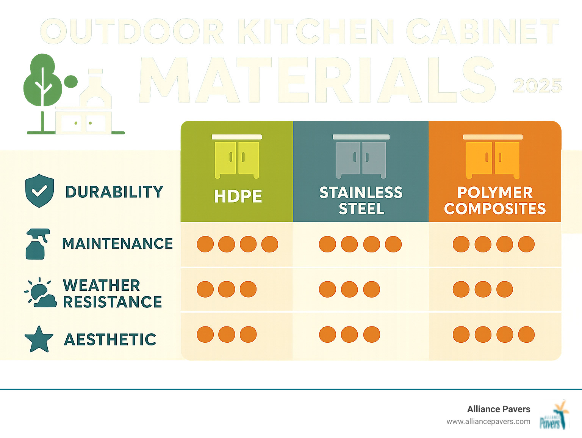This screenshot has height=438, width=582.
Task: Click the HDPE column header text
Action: click(x=238, y=196)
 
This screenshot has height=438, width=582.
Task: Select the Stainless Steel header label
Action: click(x=361, y=200)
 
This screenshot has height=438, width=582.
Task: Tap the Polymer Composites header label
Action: click(x=495, y=200)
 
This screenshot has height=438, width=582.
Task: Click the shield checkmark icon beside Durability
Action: click(x=39, y=191)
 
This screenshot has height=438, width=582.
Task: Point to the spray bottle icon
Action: click(x=37, y=244)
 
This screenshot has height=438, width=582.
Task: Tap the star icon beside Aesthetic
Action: click(x=39, y=339)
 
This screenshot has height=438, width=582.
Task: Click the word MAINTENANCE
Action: click(x=117, y=244)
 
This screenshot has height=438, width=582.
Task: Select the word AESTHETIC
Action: click(x=110, y=339)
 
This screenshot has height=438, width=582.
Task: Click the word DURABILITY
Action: click(x=114, y=192)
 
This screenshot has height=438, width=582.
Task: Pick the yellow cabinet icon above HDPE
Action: click(x=237, y=156)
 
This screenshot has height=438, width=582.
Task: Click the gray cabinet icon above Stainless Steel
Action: click(x=361, y=156)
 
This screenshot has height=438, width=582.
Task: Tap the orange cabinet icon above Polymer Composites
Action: click(x=493, y=156)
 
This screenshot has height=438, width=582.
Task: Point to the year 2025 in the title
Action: click(x=537, y=86)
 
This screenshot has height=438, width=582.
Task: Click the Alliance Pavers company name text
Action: click(x=499, y=409)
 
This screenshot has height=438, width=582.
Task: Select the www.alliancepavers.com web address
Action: click(x=488, y=421)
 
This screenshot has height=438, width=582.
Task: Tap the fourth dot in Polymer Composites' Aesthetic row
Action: click(x=526, y=334)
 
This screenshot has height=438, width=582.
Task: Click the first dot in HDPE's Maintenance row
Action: click(x=205, y=244)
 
